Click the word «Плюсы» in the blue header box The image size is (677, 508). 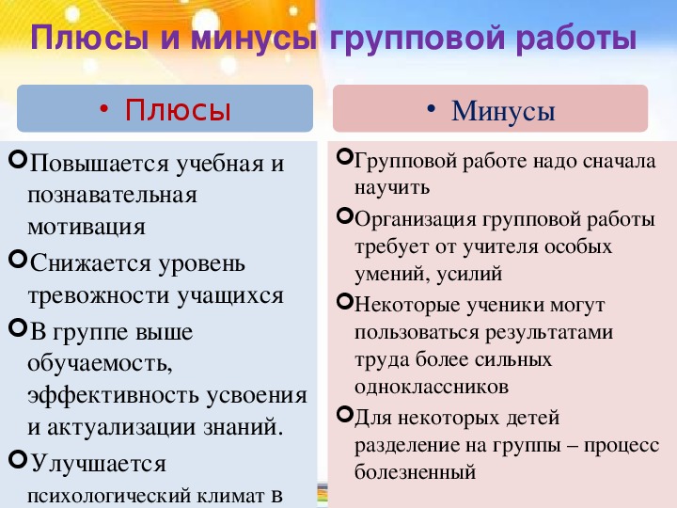click(178, 110)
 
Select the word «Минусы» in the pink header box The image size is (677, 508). click(503, 111)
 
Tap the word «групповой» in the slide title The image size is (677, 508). click(417, 37)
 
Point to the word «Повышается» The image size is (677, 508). click(100, 164)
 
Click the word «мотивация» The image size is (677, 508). click(87, 227)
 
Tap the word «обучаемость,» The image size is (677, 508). click(100, 363)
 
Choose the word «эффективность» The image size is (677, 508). click(114, 395)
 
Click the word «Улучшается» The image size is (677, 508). click(99, 463)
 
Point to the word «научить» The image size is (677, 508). click(392, 187)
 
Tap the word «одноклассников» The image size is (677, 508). click(432, 387)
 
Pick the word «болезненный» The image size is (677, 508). click(416, 471)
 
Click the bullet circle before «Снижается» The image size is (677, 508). click(18, 260)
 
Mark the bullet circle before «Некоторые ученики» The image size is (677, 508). click(345, 301)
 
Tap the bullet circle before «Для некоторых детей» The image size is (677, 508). click(345, 415)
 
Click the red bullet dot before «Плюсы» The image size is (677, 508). click(103, 109)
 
